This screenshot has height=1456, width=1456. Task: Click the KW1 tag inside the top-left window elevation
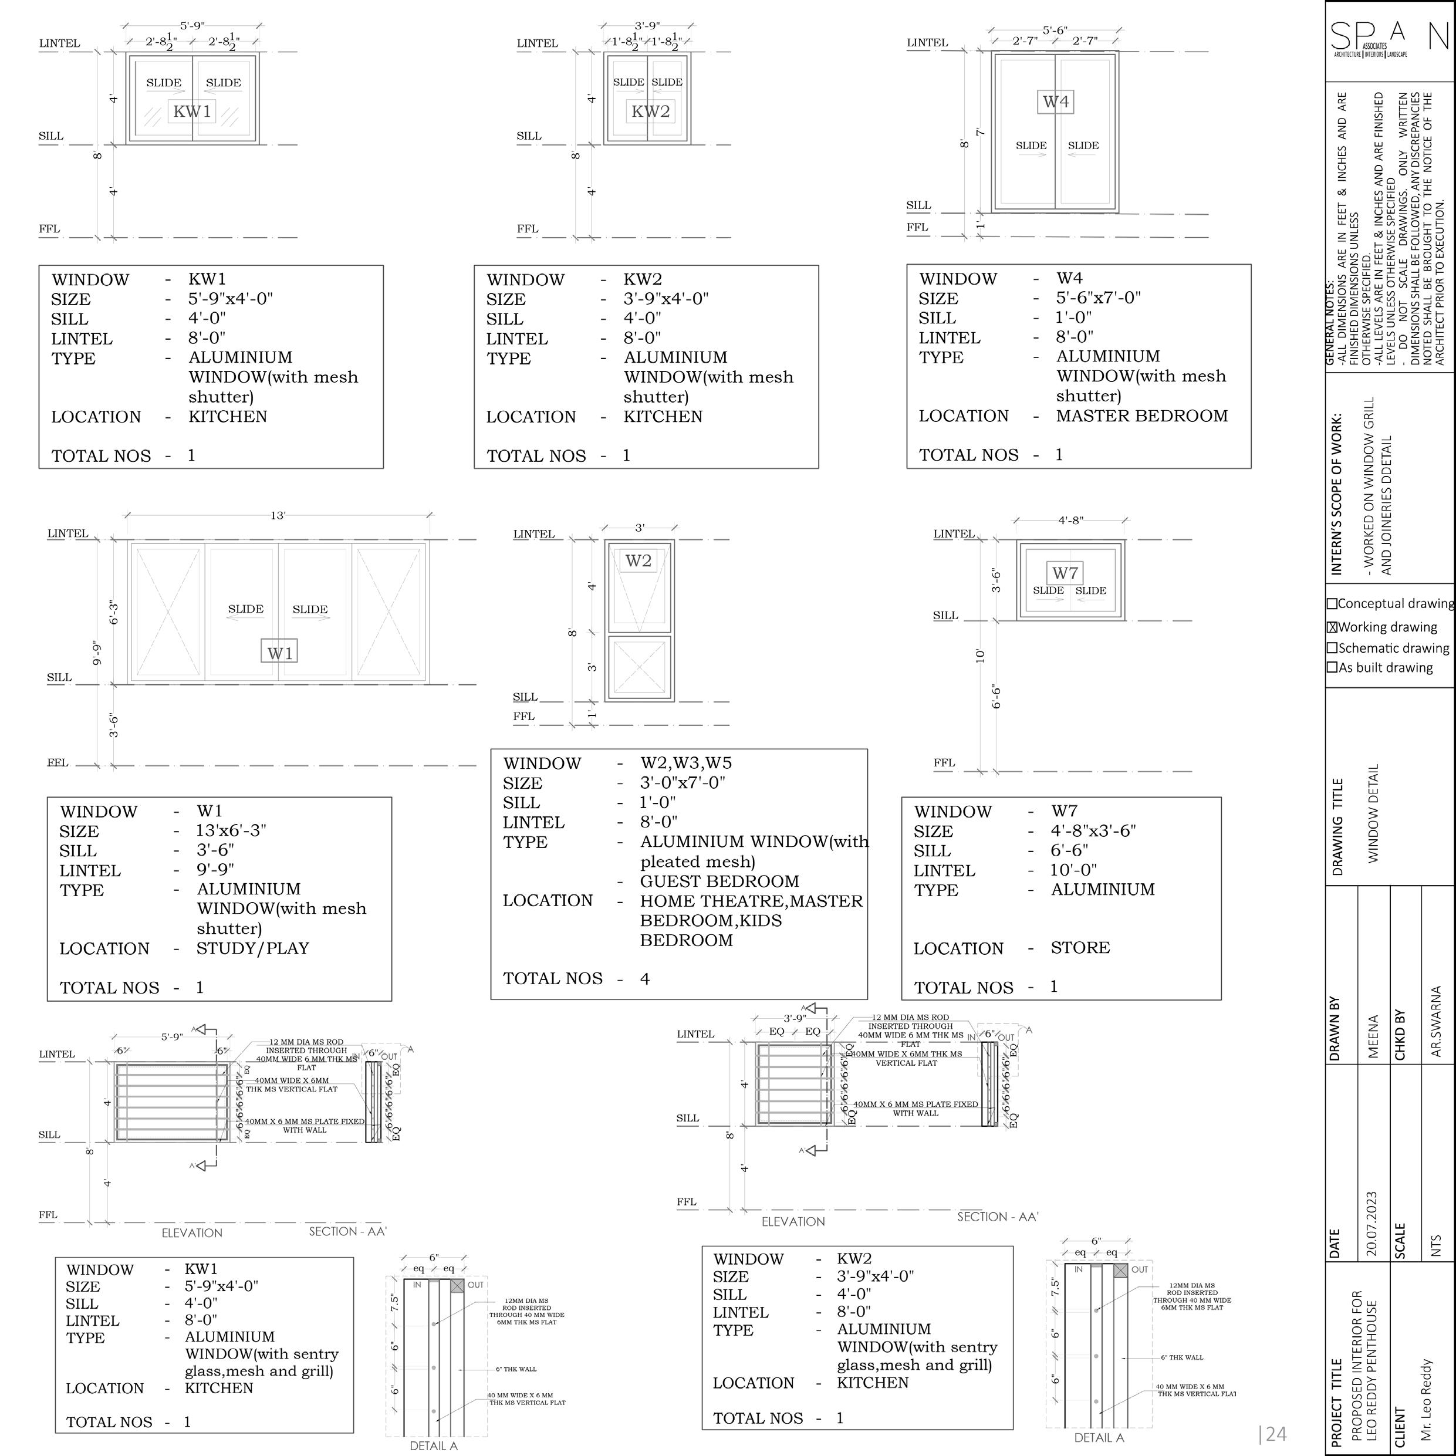191,112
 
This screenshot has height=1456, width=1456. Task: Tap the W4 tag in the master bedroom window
1055,102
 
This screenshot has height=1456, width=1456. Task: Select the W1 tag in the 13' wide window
279,653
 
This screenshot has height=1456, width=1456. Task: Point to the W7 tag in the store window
1065,573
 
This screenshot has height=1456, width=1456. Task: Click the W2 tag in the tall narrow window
639,560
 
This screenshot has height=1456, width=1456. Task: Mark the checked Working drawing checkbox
1332,627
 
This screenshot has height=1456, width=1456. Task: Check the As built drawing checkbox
1332,667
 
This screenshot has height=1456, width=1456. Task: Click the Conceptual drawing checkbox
1332,604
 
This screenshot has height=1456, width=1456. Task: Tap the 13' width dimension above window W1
278,515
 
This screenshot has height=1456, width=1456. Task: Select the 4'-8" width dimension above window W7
1070,520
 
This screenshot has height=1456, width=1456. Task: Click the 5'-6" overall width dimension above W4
1055,30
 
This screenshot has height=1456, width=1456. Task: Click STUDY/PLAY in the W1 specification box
252,948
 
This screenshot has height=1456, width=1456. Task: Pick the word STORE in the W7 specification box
1080,947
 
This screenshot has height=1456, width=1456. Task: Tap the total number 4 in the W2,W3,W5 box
644,978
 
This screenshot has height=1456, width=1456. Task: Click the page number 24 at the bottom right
1273,1433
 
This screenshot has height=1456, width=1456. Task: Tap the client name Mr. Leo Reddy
1435,1400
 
